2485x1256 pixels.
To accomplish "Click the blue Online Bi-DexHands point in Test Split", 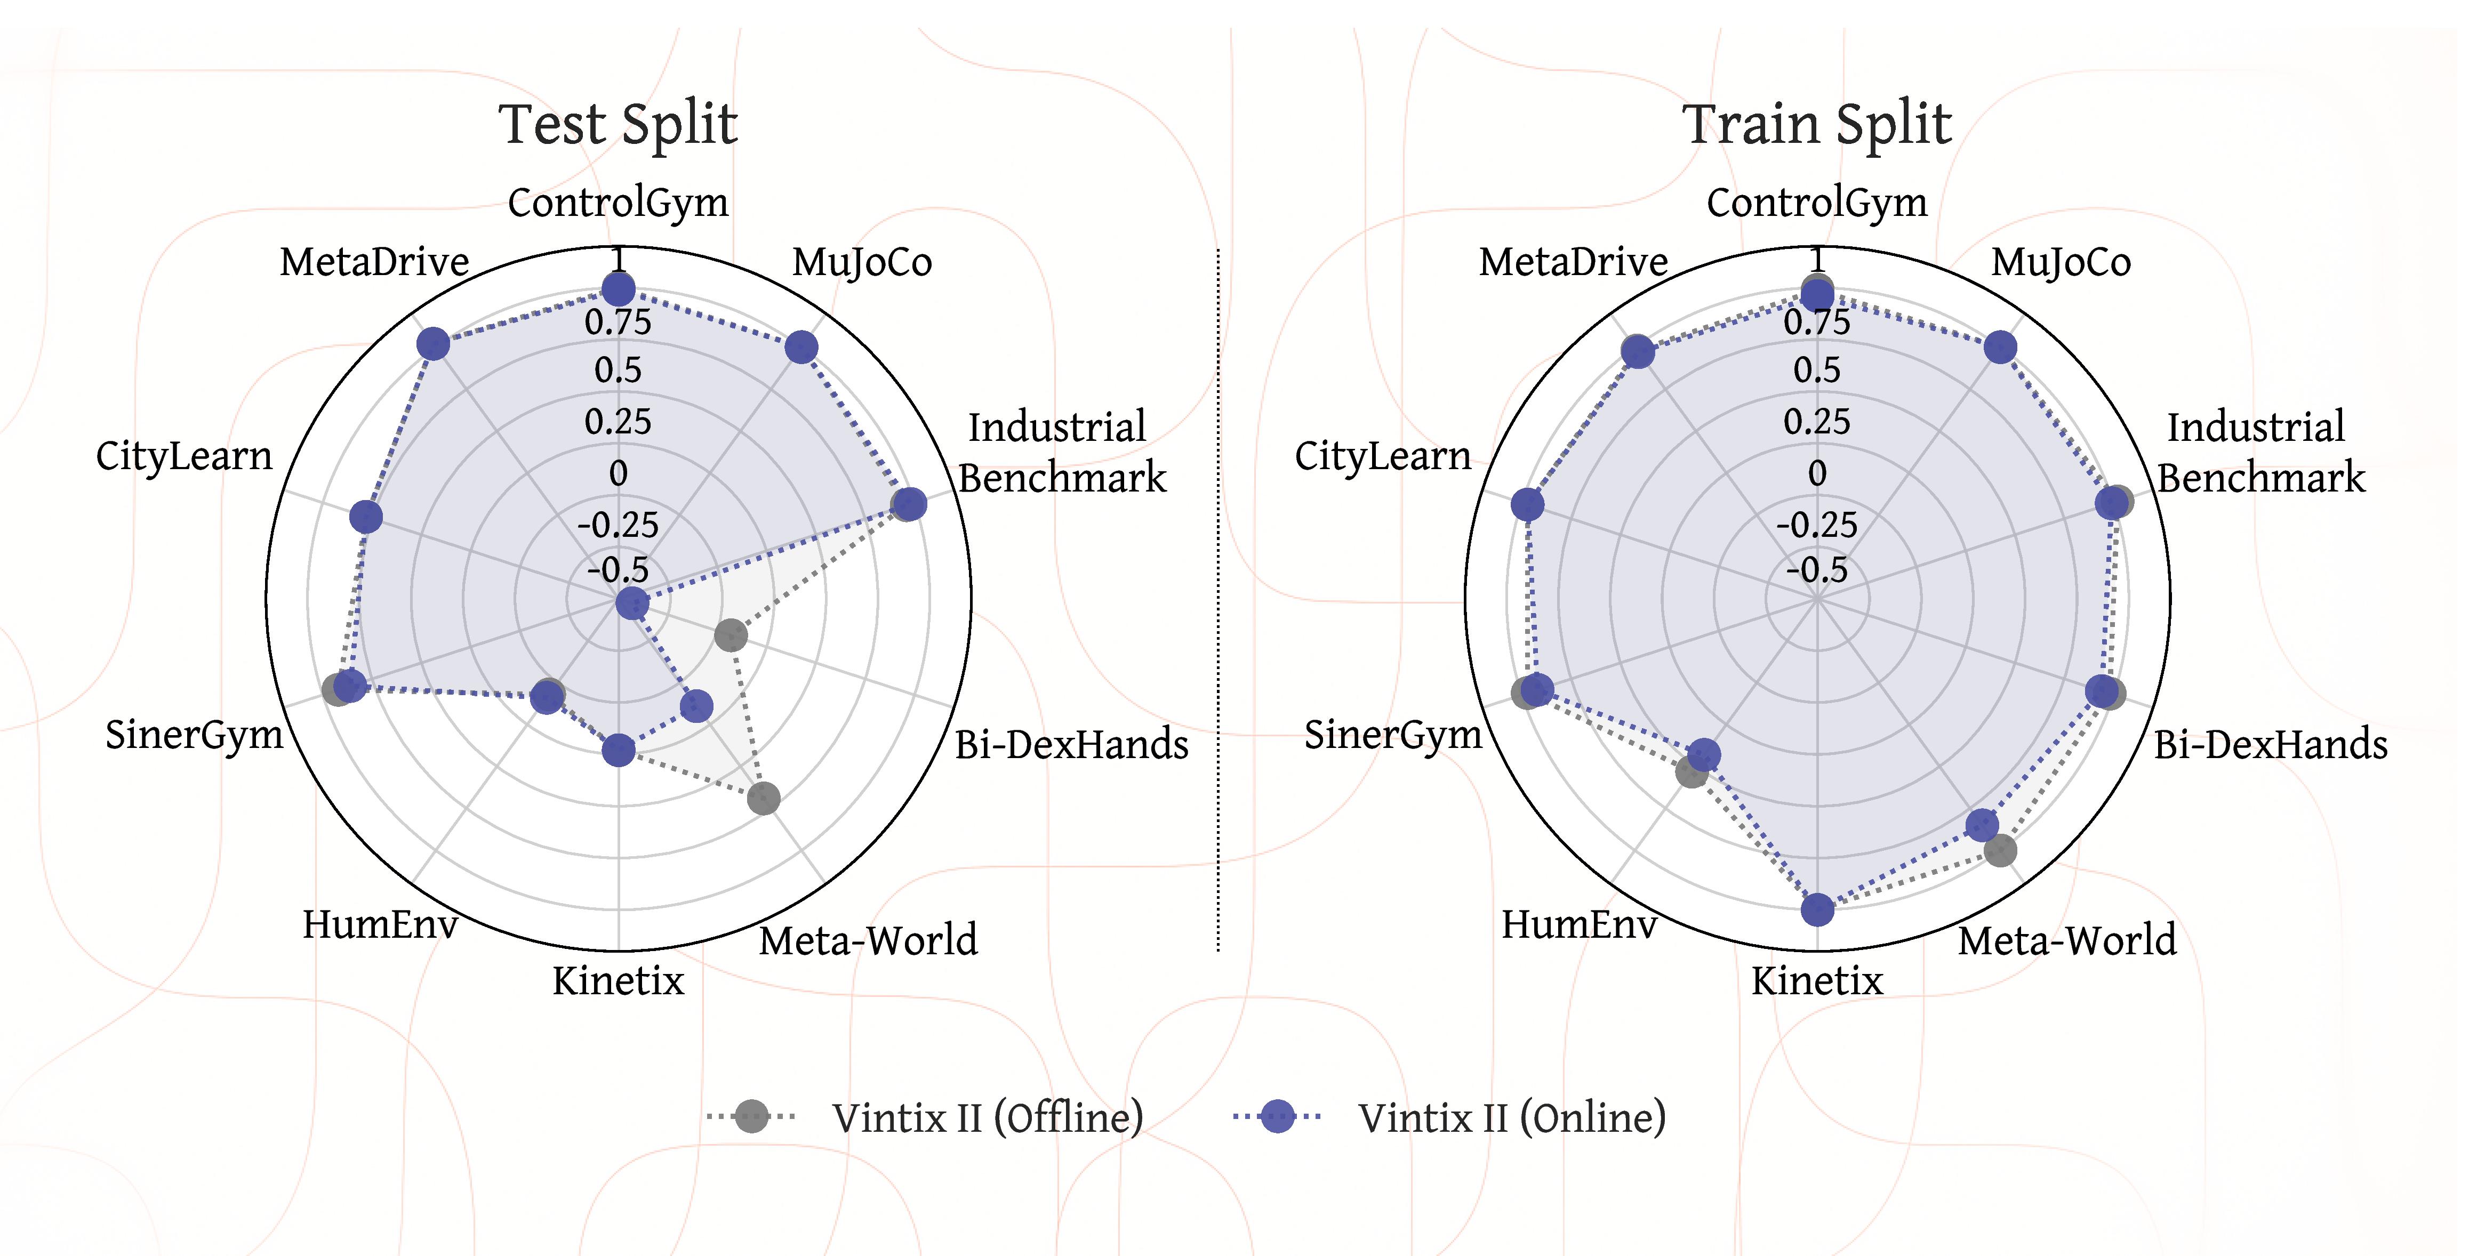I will [x=632, y=604].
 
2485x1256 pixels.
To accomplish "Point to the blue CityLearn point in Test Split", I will [x=366, y=517].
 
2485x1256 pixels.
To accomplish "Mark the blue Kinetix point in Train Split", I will [x=1817, y=909].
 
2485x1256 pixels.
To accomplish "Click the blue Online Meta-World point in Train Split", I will [x=1982, y=824].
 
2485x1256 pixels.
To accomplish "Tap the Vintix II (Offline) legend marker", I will [x=751, y=1116].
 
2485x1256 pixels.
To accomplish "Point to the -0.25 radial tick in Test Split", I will [x=619, y=526].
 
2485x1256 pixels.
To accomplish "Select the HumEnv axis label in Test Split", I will [x=380, y=924].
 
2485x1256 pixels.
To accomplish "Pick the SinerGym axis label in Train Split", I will [x=1393, y=735].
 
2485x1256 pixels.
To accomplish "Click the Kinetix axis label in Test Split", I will [x=619, y=981].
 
